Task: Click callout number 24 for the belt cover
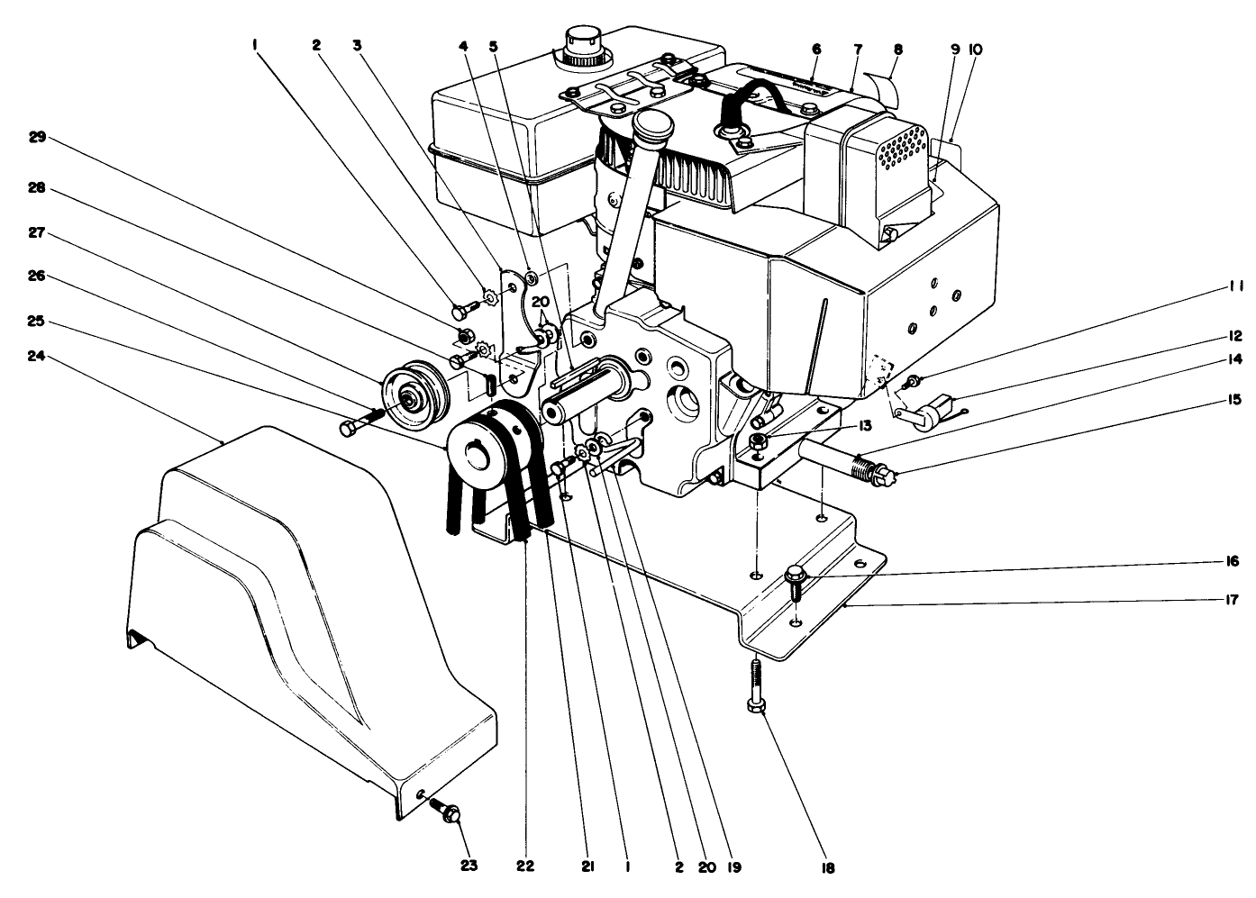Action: coord(36,357)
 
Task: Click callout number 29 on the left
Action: coord(36,137)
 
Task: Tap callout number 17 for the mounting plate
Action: coord(1233,600)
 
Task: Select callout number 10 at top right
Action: coord(975,51)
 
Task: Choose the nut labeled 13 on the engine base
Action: coord(758,440)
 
